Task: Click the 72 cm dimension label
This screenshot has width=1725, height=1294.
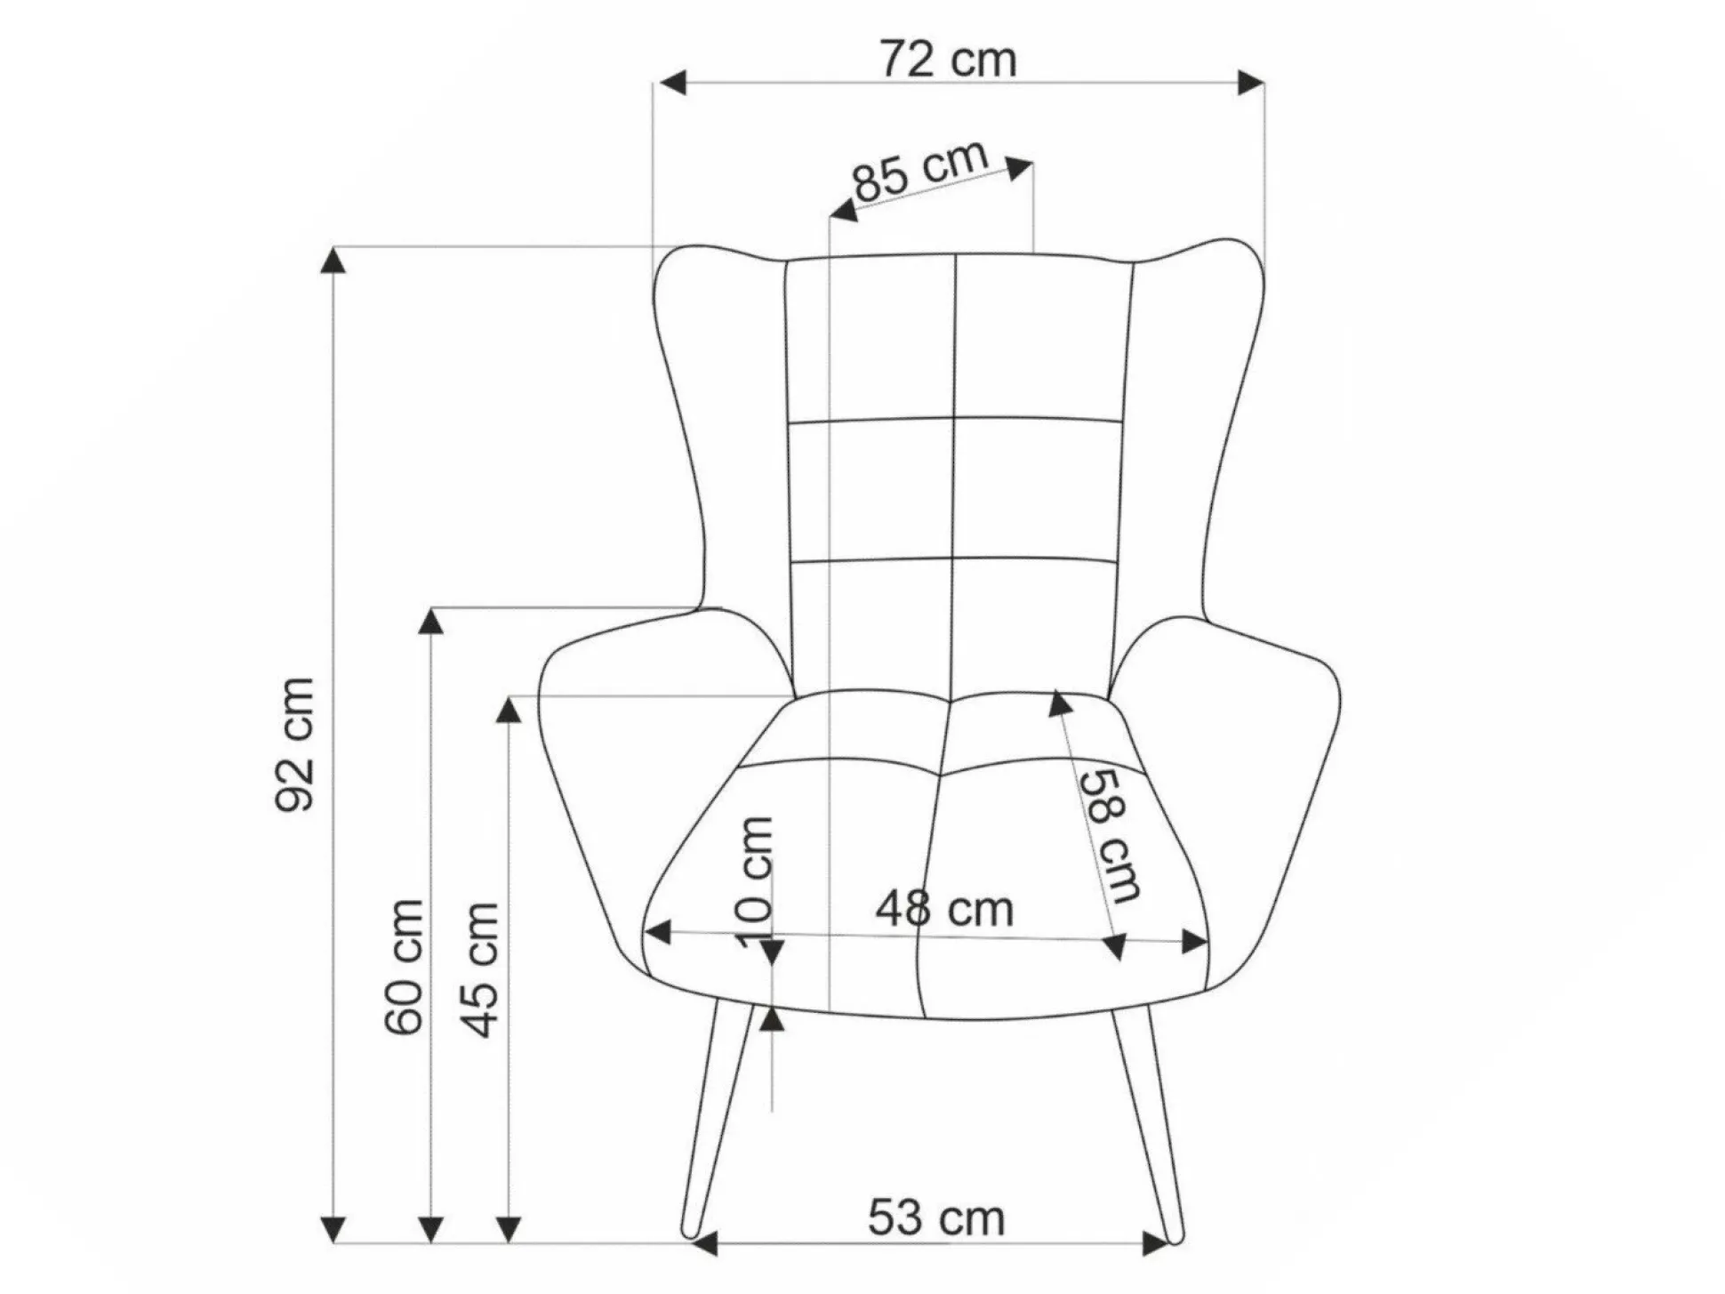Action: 948,60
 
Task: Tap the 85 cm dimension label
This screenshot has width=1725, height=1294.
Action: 921,172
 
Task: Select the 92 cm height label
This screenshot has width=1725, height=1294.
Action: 295,743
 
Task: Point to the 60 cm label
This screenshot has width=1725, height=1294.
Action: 405,967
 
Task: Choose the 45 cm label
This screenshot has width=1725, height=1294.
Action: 481,969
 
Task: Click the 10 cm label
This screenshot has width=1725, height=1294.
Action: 755,882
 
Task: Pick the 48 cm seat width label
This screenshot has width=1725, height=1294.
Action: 944,909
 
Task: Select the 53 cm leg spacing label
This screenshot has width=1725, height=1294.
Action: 936,1218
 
